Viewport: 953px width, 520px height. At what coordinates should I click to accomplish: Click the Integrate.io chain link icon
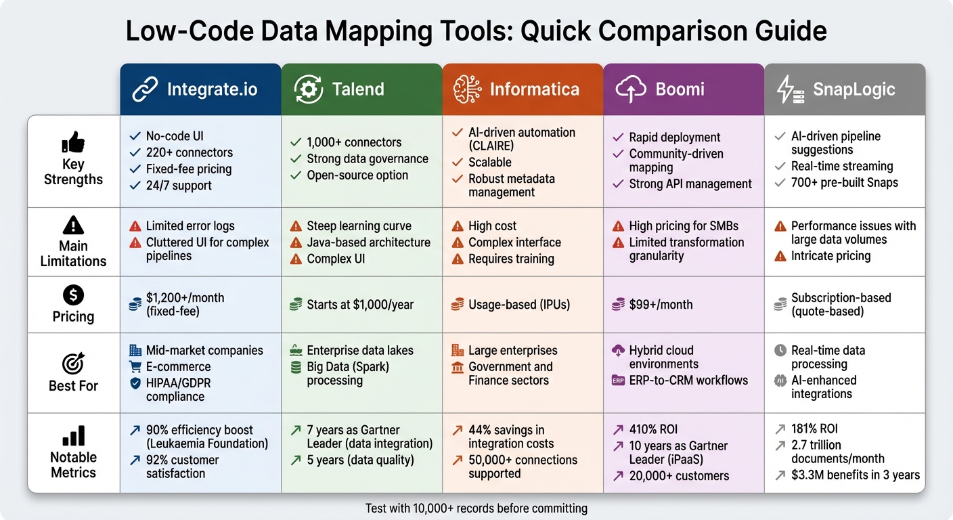pos(146,89)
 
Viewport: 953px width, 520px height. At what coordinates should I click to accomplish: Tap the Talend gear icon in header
pos(308,89)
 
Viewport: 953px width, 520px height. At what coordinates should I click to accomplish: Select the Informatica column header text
pos(534,89)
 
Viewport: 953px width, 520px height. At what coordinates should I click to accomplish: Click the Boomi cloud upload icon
pos(630,89)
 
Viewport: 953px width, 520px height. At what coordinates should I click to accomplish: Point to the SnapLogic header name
pos(854,89)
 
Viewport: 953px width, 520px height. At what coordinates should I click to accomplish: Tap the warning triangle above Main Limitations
pos(73,225)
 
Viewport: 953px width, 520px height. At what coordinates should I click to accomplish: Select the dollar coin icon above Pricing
pos(73,295)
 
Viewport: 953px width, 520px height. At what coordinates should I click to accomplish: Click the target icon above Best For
pos(73,364)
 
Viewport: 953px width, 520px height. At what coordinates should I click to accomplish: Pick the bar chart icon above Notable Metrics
pos(73,435)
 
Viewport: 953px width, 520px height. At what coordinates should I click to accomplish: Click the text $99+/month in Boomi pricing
pos(661,305)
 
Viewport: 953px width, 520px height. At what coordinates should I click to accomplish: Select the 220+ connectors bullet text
pos(190,152)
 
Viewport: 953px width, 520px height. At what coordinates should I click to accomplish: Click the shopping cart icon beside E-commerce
pos(135,367)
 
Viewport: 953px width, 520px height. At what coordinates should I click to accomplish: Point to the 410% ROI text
pos(653,429)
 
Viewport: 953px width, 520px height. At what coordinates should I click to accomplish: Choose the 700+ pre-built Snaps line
pos(845,182)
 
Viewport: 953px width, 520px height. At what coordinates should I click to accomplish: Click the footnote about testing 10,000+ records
pos(476,508)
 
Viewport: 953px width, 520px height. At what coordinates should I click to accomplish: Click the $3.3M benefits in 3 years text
pos(856,475)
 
